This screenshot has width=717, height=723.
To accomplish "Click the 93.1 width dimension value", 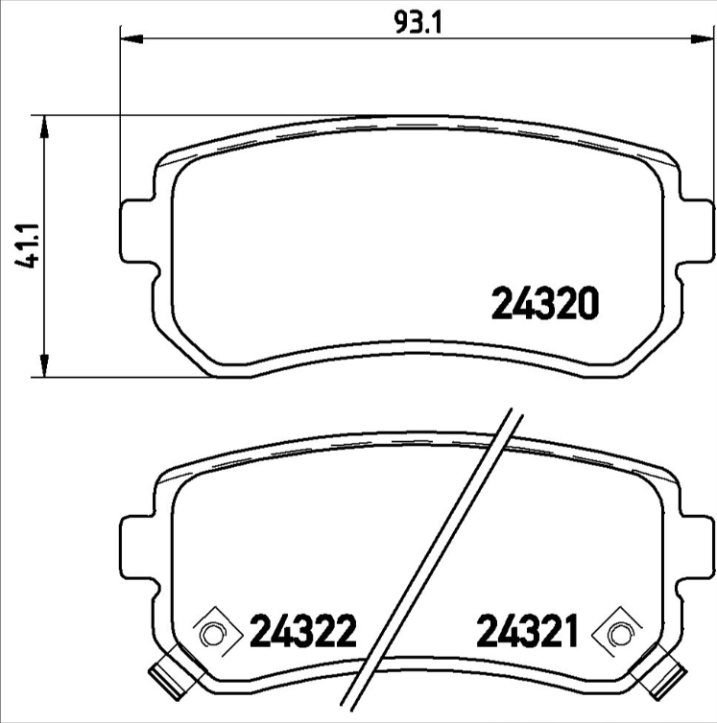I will tap(415, 20).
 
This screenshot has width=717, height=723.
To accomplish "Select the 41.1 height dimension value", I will tap(30, 246).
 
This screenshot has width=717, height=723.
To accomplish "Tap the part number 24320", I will tap(545, 304).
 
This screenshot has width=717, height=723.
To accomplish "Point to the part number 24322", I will tap(303, 632).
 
